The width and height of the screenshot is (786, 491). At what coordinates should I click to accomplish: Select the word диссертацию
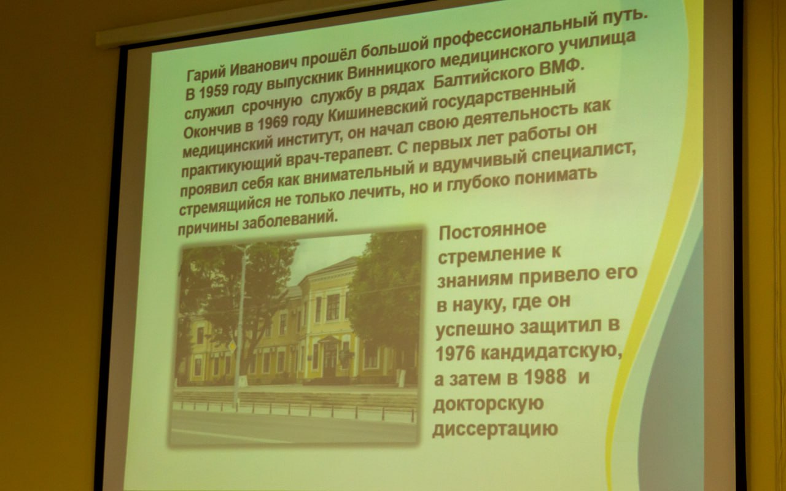(x=495, y=428)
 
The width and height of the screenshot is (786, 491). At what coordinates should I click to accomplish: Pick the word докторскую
(x=488, y=403)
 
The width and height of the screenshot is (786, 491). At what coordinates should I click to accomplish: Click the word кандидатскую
(x=551, y=352)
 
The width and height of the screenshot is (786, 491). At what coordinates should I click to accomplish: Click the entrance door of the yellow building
(x=330, y=361)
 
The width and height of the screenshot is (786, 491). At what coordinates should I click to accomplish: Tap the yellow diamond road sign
(x=232, y=347)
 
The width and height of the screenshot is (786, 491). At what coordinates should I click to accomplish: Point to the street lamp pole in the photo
(x=239, y=326)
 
